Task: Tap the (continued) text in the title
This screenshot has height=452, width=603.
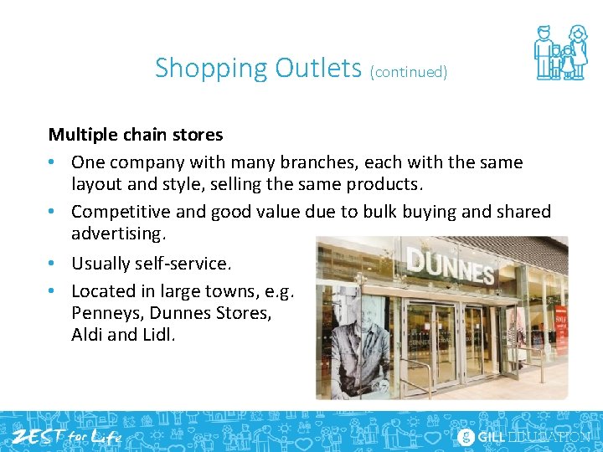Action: [409, 72]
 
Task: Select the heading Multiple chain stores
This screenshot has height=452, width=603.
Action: [136, 134]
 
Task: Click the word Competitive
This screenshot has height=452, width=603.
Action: [121, 212]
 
